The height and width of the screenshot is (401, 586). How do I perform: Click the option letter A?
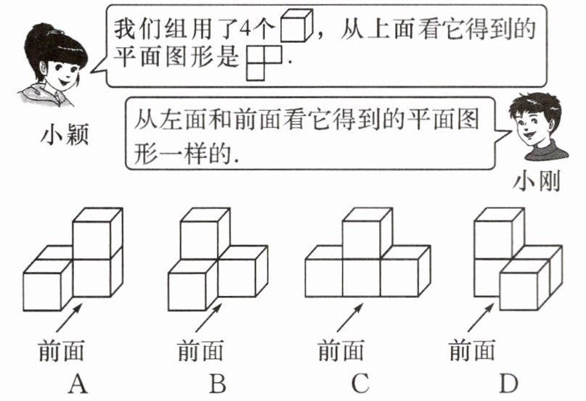coord(78,382)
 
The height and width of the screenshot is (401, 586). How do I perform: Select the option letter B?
coord(216,382)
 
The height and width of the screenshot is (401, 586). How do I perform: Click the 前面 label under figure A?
coord(61,351)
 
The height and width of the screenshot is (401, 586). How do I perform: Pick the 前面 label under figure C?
coord(341,351)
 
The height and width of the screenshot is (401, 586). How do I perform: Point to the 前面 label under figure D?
coord(472,351)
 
